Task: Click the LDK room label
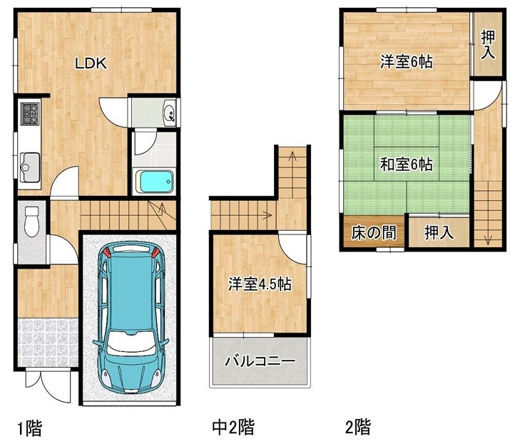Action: coord(91,63)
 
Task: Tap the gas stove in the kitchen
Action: coord(30,113)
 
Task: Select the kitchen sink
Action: coord(30,167)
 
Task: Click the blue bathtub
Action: coord(155,182)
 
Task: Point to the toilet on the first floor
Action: coord(31,221)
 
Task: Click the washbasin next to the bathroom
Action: coord(170,113)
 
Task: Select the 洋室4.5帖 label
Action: coord(260,284)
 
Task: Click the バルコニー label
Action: coord(260,361)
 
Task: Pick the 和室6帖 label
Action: coord(407,164)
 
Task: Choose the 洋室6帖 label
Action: coord(407,62)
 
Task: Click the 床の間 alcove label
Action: coord(374,232)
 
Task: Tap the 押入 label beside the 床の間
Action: coord(439,232)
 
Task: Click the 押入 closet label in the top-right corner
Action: coord(488,45)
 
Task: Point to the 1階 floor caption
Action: coord(30,428)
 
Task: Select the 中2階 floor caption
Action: coord(233,427)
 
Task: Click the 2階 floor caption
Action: coord(358,427)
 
